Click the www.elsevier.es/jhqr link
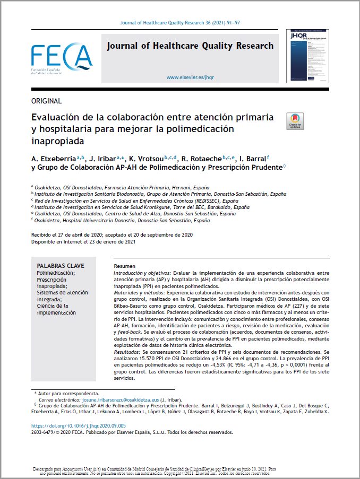click(x=190, y=77)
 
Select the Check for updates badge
click(x=295, y=121)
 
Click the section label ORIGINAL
click(x=47, y=101)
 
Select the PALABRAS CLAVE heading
click(x=61, y=266)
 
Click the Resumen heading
click(x=125, y=266)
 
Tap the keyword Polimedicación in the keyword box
click(x=56, y=273)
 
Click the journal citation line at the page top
click(x=181, y=23)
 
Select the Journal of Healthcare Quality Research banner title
click(x=190, y=46)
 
